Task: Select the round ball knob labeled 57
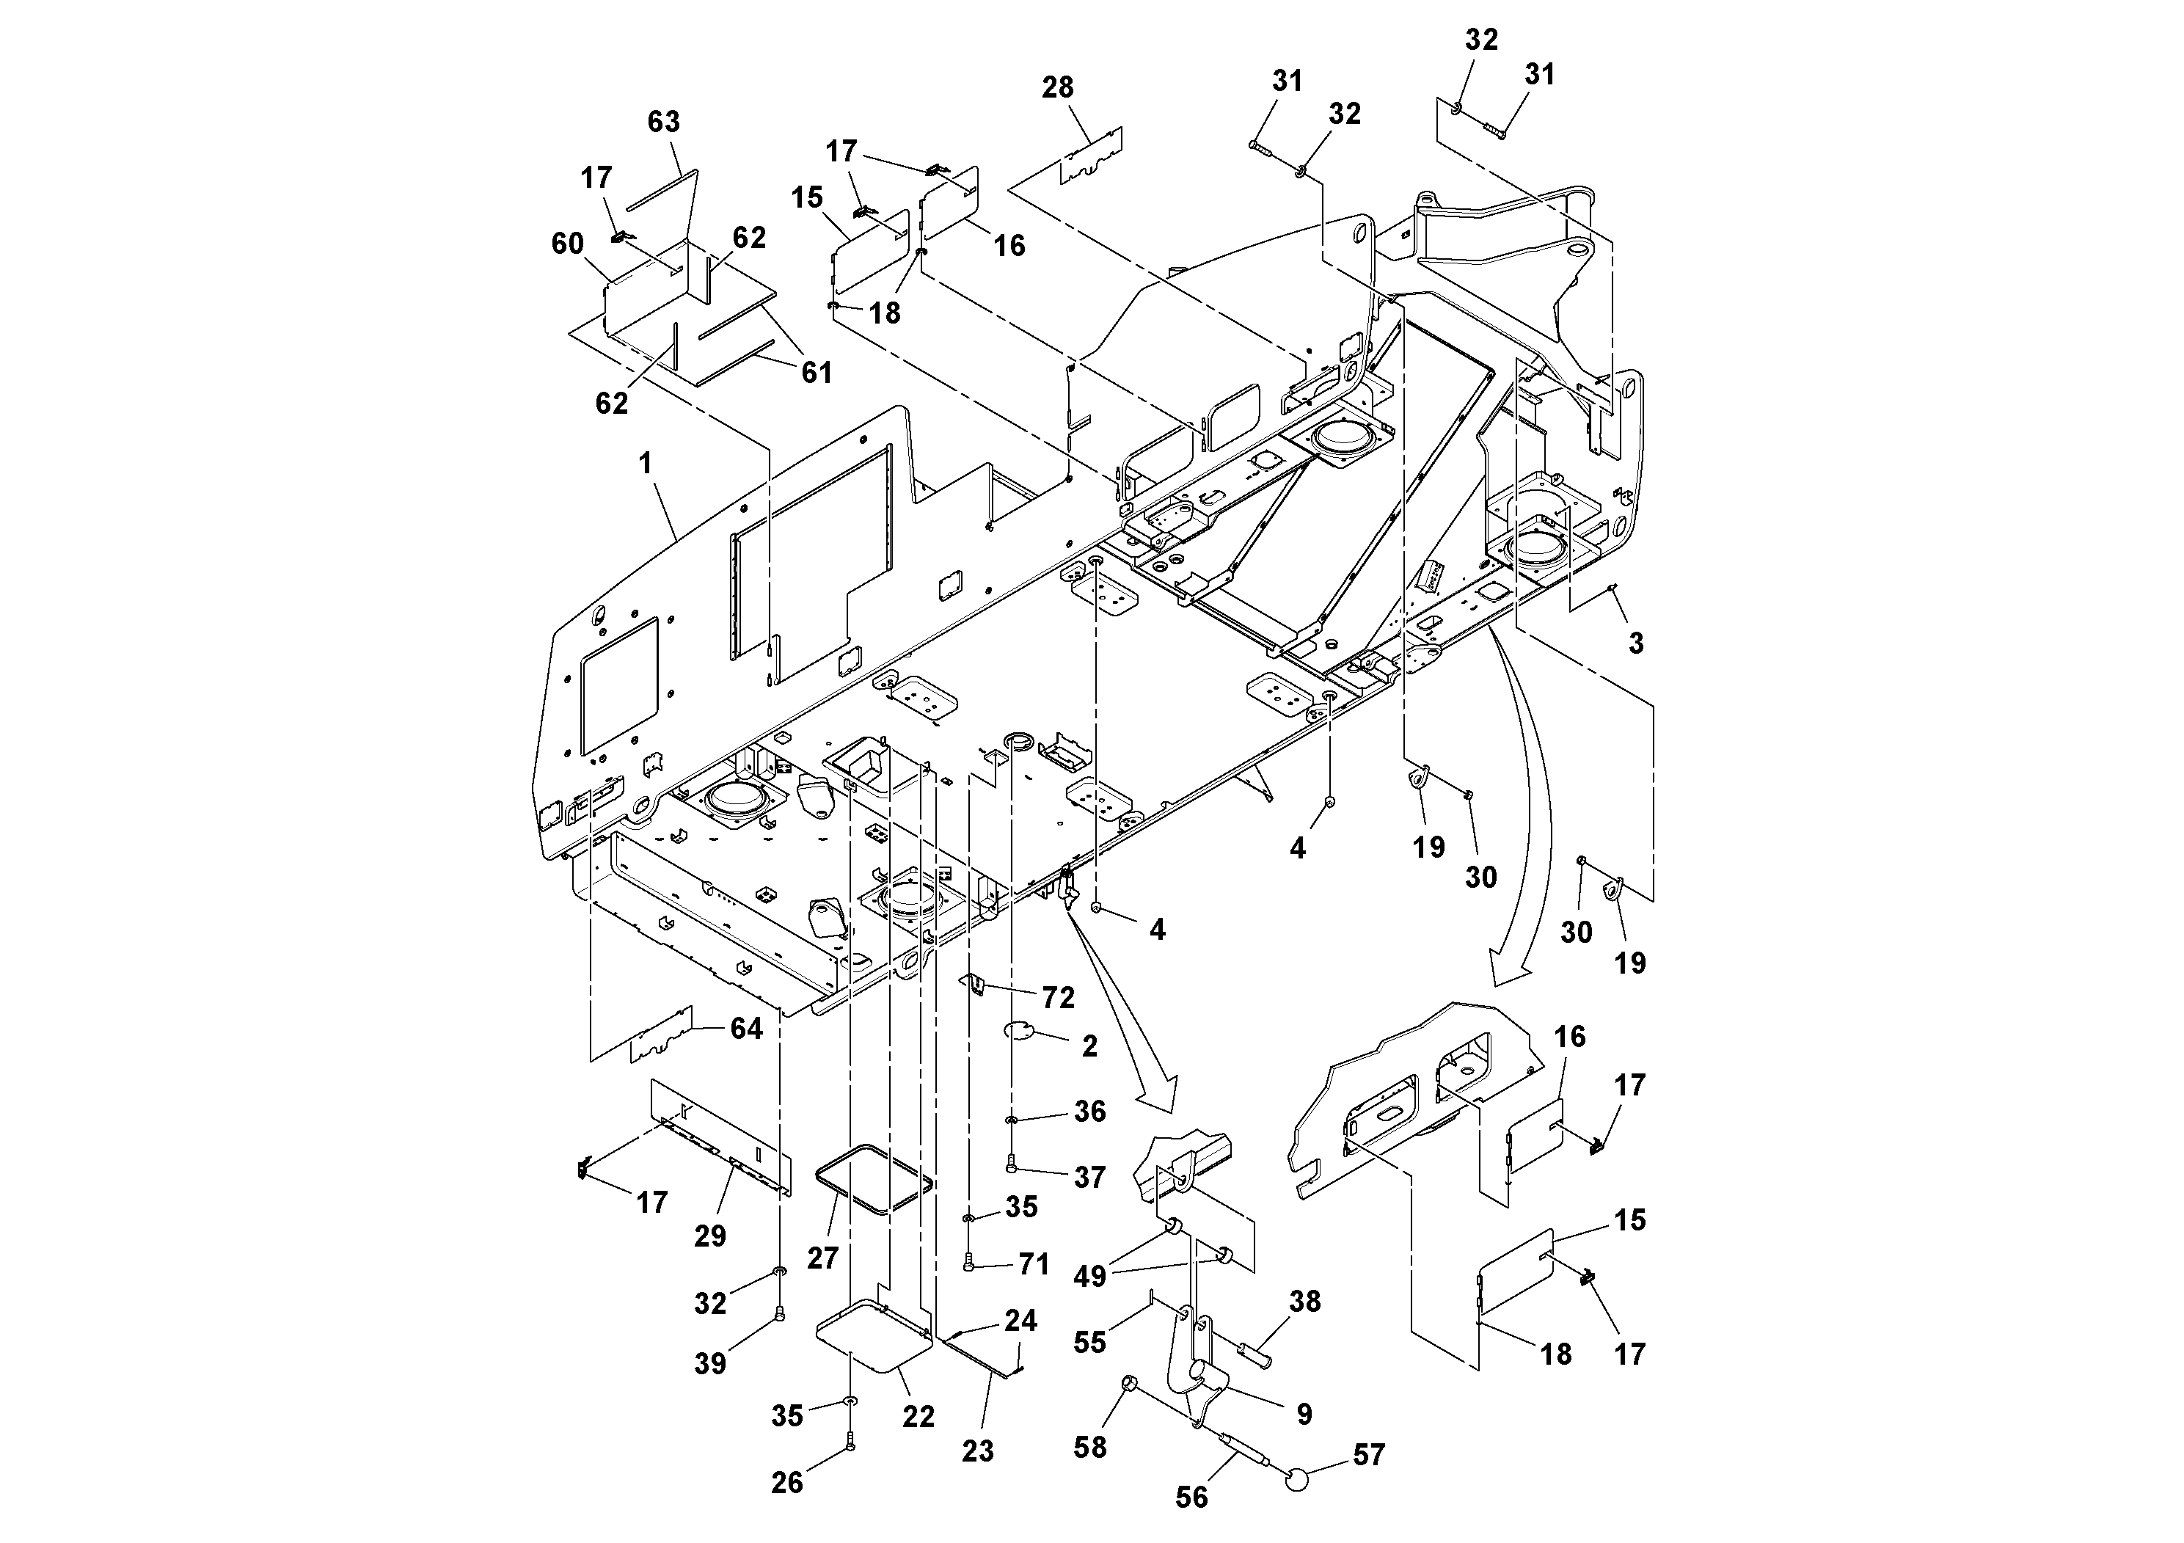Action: [1296, 1478]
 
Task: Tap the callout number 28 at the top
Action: [1058, 87]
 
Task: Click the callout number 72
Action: [1058, 998]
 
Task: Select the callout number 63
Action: [663, 122]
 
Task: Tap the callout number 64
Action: [746, 1029]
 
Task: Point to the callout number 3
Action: [1636, 643]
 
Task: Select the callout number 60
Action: [567, 244]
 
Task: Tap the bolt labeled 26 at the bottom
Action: [850, 1442]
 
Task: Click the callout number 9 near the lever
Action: [1304, 1415]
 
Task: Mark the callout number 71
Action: [1033, 1264]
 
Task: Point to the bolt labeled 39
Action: [780, 1314]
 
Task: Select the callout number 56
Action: [1191, 1498]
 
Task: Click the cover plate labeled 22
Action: [870, 1337]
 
